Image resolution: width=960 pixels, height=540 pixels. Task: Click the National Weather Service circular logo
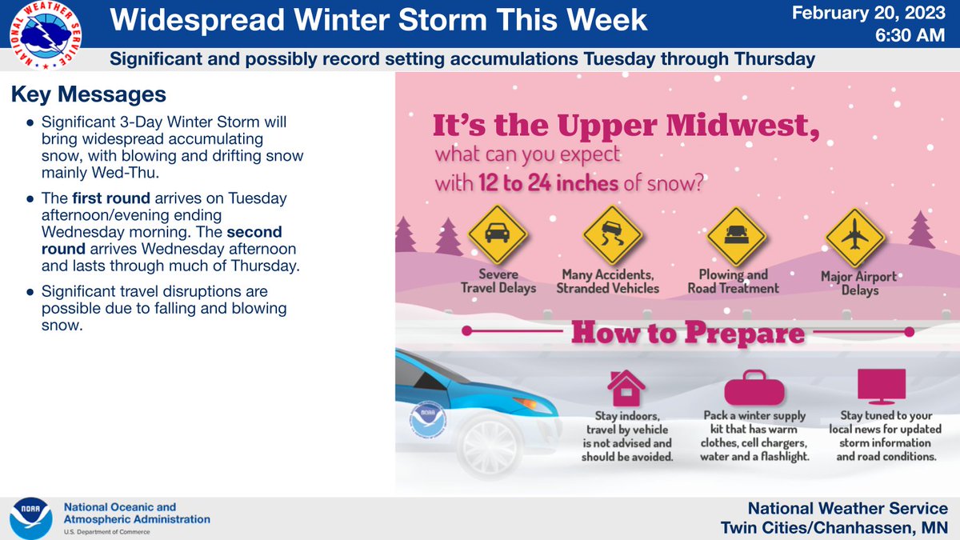click(46, 35)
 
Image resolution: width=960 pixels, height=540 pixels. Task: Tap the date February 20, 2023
click(868, 13)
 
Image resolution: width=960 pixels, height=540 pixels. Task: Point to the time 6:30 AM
click(910, 35)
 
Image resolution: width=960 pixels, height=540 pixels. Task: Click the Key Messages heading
click(88, 94)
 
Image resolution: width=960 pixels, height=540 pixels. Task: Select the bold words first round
click(111, 198)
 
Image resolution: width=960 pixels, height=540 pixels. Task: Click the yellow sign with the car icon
click(497, 234)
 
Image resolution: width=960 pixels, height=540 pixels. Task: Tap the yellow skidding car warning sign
click(612, 235)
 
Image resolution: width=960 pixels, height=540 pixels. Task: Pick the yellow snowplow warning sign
click(736, 237)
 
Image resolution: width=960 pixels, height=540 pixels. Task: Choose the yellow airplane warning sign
click(855, 238)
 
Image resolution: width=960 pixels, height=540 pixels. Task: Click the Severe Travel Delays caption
click(498, 281)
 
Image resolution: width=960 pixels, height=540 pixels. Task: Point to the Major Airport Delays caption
click(859, 283)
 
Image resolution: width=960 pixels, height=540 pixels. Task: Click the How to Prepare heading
click(688, 333)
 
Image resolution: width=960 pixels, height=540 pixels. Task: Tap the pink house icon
click(626, 388)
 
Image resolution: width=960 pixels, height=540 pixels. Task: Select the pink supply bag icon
click(754, 387)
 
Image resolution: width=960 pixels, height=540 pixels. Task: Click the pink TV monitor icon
click(882, 386)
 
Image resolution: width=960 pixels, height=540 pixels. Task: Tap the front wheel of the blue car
click(490, 445)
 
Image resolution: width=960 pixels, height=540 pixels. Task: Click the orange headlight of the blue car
click(526, 403)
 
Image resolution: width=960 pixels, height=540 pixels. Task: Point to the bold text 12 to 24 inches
click(548, 183)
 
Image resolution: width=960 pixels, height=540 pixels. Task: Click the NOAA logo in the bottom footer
click(31, 518)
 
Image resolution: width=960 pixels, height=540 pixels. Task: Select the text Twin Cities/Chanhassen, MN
click(834, 527)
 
